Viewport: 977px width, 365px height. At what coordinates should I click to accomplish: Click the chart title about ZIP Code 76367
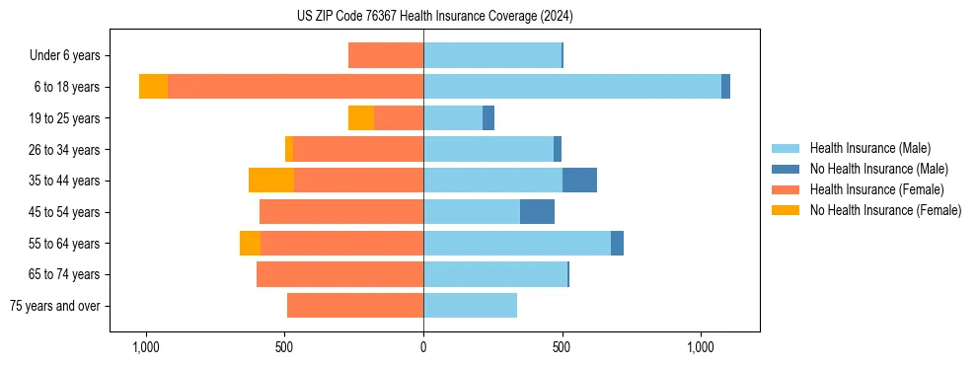coord(434,17)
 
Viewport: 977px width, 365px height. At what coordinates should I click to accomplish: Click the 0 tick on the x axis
coord(423,347)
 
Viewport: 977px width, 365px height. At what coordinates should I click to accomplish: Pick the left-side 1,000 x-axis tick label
coord(145,347)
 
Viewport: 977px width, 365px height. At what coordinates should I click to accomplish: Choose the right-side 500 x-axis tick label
coord(562,347)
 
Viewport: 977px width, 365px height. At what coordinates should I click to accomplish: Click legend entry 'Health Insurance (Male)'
coord(868,148)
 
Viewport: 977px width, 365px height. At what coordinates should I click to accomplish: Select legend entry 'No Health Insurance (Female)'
coord(885,210)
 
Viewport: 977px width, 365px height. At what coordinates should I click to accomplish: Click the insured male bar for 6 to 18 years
coord(572,87)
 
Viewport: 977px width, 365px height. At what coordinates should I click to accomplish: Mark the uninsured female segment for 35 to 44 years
coord(271,181)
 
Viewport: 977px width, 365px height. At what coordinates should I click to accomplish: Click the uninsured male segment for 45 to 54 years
coord(537,212)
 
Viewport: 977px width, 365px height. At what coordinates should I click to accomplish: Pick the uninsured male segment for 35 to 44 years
coord(579,181)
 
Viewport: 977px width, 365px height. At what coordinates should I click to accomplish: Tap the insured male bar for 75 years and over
coord(470,306)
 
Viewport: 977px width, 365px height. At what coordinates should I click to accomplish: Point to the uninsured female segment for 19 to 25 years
coord(361,118)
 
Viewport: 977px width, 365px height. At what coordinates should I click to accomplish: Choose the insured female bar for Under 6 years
coord(386,55)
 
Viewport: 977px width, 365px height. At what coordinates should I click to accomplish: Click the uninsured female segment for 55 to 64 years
coord(250,244)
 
